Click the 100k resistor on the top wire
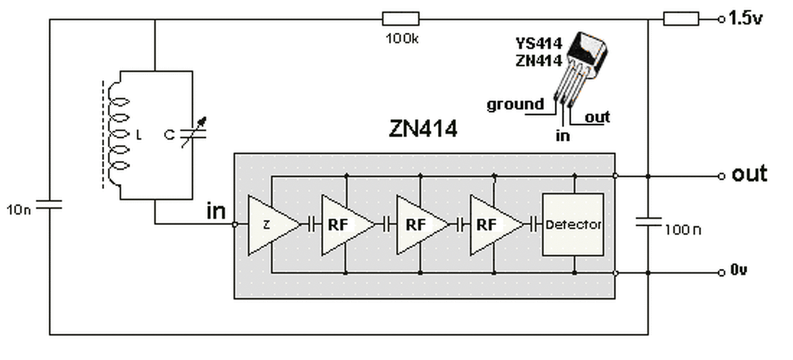tap(401, 19)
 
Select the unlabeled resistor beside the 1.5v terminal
tap(681, 19)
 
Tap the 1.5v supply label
tap(745, 18)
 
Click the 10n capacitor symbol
tap(49, 204)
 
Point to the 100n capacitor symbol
tap(648, 222)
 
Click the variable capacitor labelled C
tap(193, 133)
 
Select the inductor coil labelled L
tap(118, 134)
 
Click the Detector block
tap(573, 225)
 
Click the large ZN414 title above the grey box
tap(423, 128)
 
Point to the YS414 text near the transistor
tap(538, 44)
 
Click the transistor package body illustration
tap(587, 54)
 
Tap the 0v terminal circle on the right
tap(722, 273)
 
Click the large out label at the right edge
tap(750, 174)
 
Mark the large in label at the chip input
tap(216, 211)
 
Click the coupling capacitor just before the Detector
tap(536, 225)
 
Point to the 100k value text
tap(402, 38)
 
